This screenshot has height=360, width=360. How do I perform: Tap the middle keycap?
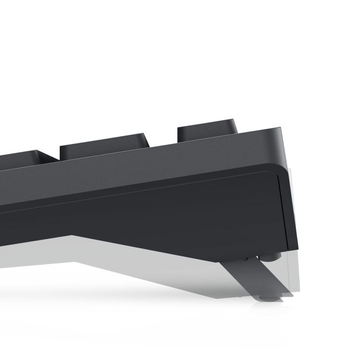(x=103, y=145)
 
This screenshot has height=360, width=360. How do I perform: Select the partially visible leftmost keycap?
(x=21, y=157)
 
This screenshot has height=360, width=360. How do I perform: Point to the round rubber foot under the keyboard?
(x=272, y=254)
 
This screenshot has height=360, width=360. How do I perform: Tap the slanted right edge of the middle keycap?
(x=147, y=141)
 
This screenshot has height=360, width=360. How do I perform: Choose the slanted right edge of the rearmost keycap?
(x=237, y=126)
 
